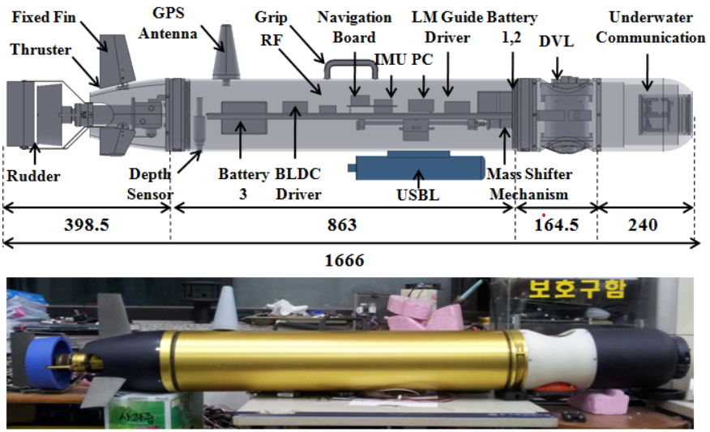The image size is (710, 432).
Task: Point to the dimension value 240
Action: click(x=645, y=225)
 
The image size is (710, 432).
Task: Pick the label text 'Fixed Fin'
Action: click(x=41, y=15)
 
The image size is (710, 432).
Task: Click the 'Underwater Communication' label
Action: click(x=657, y=27)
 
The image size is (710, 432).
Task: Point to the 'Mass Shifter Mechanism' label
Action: click(x=529, y=183)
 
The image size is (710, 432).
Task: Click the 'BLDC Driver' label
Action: click(x=298, y=183)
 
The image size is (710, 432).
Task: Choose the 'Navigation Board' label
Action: click(x=354, y=27)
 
